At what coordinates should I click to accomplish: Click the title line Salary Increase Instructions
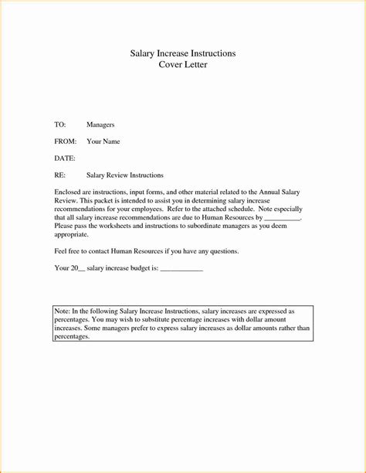pyautogui.click(x=183, y=53)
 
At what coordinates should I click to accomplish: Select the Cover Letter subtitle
pyautogui.click(x=183, y=65)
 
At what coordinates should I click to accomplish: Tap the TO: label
pyautogui.click(x=60, y=124)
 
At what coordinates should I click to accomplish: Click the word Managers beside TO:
pyautogui.click(x=100, y=124)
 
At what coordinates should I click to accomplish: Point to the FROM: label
pyautogui.click(x=66, y=141)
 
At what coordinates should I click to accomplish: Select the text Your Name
pyautogui.click(x=103, y=141)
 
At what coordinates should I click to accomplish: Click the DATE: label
pyautogui.click(x=65, y=158)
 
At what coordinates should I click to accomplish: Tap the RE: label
pyautogui.click(x=60, y=175)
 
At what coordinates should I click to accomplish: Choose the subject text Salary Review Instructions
pyautogui.click(x=125, y=175)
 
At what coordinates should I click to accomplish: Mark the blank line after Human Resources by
pyautogui.click(x=281, y=219)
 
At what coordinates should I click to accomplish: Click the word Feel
pyautogui.click(x=61, y=251)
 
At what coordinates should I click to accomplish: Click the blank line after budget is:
pyautogui.click(x=181, y=269)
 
